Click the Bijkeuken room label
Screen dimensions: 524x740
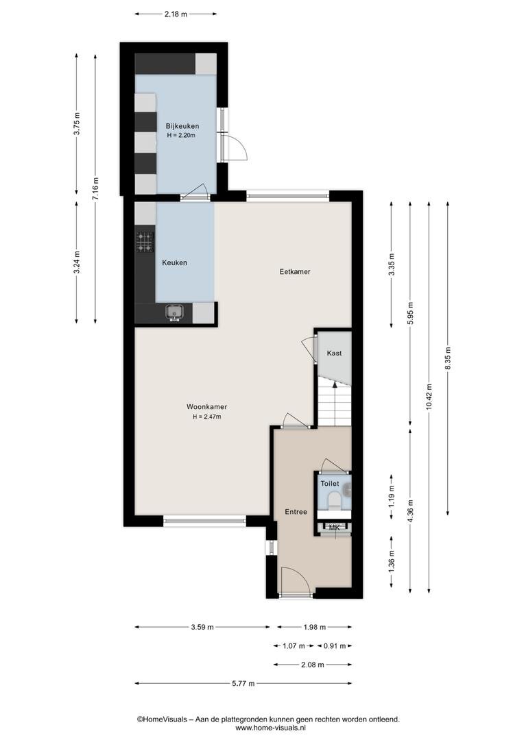point(182,126)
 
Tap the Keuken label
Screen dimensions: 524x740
point(174,263)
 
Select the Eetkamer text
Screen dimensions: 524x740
point(295,271)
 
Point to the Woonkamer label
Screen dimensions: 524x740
point(206,407)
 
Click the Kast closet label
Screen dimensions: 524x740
point(334,353)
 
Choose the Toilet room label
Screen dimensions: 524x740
point(330,484)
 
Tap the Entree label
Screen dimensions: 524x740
point(296,512)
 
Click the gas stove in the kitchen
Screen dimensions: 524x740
point(145,242)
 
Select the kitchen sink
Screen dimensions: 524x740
point(175,312)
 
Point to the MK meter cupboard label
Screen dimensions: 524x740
point(334,527)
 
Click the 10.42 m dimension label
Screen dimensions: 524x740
point(429,397)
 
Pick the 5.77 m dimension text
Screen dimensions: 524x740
point(243,683)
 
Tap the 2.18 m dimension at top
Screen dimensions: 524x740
point(176,14)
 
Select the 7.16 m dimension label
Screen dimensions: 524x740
point(95,189)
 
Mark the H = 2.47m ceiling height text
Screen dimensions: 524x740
point(206,417)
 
